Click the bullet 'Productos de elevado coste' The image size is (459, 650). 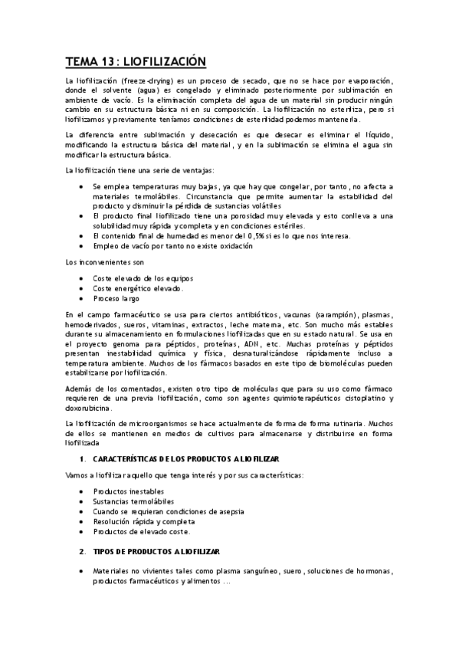pyautogui.click(x=141, y=531)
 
